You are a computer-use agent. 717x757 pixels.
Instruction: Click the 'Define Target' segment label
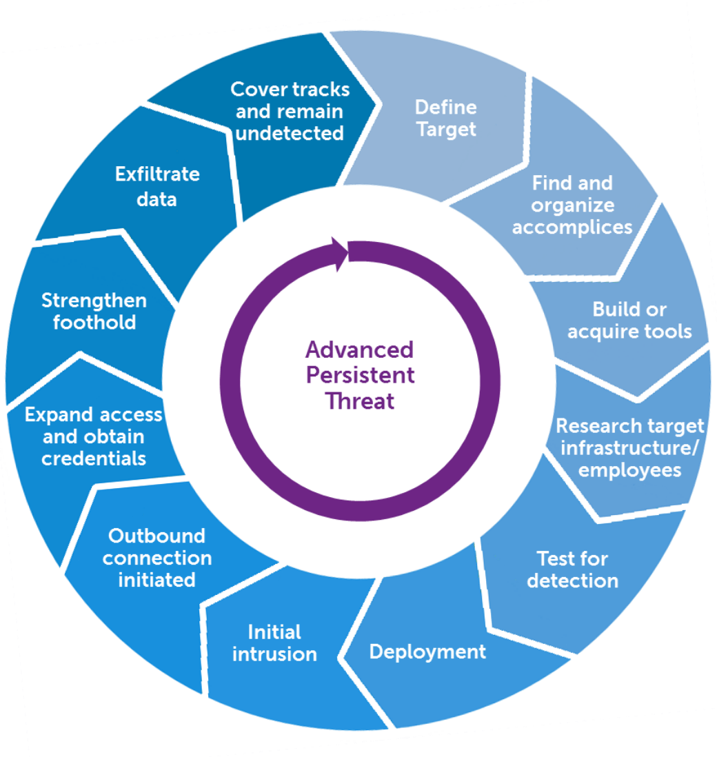pos(446,118)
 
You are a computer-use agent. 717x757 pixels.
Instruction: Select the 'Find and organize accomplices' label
pos(572,205)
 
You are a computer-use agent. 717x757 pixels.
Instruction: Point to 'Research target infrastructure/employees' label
pos(630,447)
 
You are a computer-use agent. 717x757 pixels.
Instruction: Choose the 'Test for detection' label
pos(572,569)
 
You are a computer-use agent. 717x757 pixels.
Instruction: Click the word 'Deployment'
pos(427,652)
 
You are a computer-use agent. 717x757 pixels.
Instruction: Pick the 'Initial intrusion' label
pos(274,643)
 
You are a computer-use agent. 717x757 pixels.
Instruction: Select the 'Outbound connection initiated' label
pos(157,557)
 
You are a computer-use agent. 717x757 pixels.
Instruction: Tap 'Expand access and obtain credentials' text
pos(94,436)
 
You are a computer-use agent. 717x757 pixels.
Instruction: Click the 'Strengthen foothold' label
pos(94,311)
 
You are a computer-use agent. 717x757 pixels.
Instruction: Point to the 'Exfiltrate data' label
pos(157,186)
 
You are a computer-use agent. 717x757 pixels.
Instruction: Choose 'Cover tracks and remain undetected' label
pos(290,111)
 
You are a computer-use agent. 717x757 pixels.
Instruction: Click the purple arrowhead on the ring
pos(339,252)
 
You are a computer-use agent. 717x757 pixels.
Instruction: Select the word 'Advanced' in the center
pos(360,350)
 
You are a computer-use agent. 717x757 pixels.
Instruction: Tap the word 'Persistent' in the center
pos(360,375)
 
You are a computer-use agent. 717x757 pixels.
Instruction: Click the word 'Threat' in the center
pos(360,401)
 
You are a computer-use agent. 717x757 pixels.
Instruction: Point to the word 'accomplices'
pos(572,228)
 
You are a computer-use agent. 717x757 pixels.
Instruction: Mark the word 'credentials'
pos(94,458)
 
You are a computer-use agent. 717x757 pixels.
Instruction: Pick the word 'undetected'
pos(290,133)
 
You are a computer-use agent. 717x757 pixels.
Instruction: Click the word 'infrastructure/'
pos(630,448)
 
